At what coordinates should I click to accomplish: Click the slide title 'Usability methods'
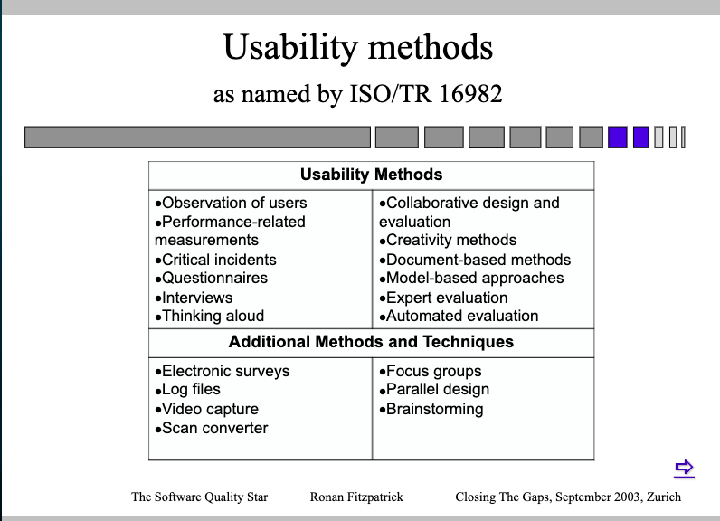(358, 47)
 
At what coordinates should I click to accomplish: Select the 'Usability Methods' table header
(371, 175)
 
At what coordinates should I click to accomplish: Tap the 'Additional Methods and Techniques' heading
(371, 342)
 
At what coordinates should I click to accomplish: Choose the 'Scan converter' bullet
(214, 428)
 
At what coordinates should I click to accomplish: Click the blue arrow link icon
(684, 468)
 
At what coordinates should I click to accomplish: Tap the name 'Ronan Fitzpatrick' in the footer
(356, 497)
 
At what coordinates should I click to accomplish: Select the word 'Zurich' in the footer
(661, 497)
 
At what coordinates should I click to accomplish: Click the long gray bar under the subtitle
(197, 137)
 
